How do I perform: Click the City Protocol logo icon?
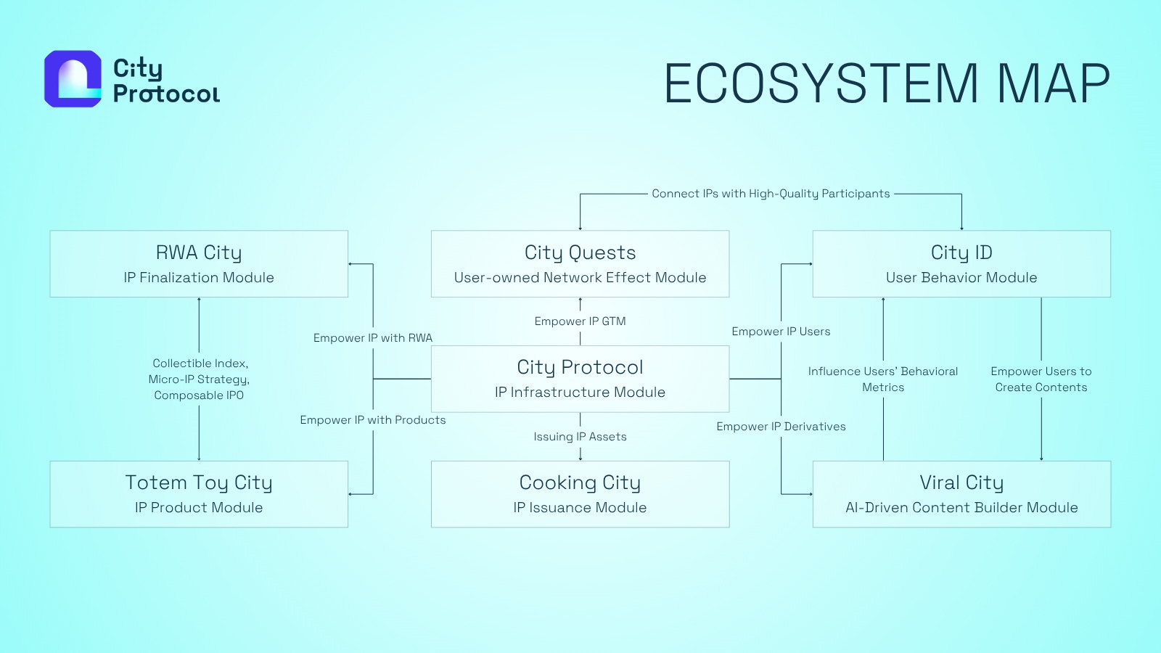tap(73, 79)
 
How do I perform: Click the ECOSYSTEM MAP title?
tap(886, 83)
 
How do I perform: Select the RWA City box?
tap(199, 263)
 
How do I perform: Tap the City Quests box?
tap(580, 263)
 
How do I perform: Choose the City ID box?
tap(961, 263)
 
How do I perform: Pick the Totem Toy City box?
tap(199, 494)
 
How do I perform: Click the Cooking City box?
tap(580, 494)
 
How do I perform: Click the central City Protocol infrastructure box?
tap(580, 379)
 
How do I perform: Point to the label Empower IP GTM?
tap(580, 321)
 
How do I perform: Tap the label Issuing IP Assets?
tap(580, 437)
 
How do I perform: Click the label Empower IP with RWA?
tap(373, 338)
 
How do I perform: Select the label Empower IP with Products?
tap(373, 420)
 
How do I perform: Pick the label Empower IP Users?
tap(781, 332)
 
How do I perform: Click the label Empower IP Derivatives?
tap(781, 427)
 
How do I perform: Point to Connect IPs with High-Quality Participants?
tap(771, 194)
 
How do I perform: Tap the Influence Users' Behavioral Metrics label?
tap(883, 379)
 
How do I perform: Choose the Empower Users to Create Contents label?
tap(1041, 379)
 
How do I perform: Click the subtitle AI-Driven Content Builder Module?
tap(961, 508)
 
